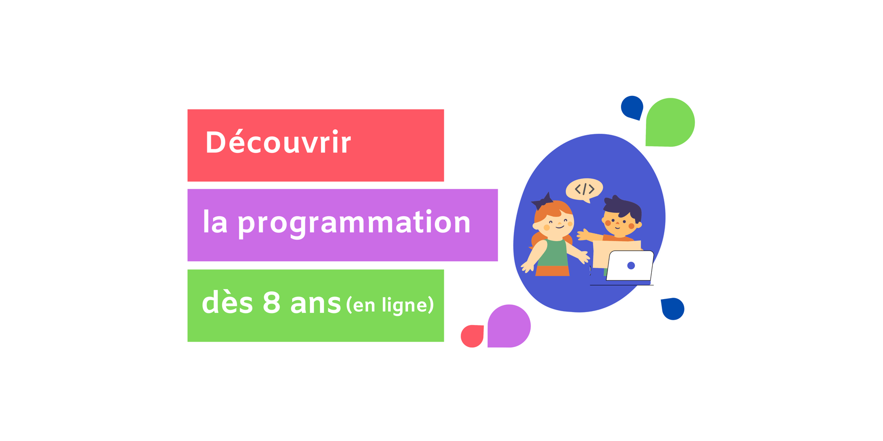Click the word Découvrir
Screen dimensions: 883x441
click(278, 142)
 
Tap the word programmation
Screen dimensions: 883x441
click(354, 223)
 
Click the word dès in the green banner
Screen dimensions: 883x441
click(227, 303)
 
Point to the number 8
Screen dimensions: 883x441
click(272, 302)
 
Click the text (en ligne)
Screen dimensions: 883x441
click(390, 305)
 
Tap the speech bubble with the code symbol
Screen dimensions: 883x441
click(585, 190)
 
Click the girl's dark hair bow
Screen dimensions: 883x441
click(543, 201)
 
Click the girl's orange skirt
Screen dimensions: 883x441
click(552, 271)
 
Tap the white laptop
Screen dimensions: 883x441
click(630, 266)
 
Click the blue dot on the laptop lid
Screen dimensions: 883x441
click(631, 266)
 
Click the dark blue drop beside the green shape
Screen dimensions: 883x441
click(632, 107)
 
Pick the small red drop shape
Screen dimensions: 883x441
click(472, 336)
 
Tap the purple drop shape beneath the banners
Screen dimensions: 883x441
click(509, 326)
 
